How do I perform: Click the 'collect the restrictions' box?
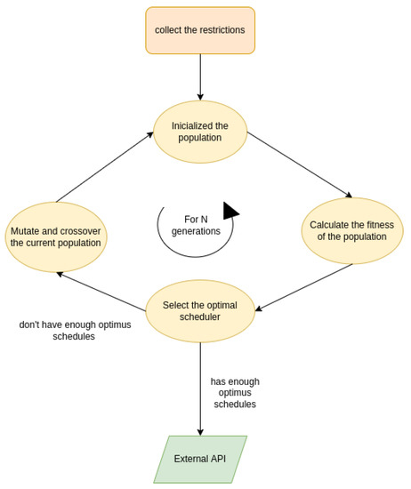point(200,30)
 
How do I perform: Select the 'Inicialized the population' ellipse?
point(200,132)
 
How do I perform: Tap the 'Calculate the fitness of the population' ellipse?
point(352,230)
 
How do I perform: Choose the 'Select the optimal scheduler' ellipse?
point(200,311)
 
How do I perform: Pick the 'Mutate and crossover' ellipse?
point(56,236)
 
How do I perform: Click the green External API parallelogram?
point(200,459)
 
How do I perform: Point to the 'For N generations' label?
point(196,225)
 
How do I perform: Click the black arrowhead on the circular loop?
point(230,211)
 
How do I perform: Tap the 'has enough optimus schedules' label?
point(235,393)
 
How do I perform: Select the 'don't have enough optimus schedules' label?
point(75,331)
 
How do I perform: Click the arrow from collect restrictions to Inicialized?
point(200,77)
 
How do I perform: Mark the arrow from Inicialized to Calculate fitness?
point(300,164)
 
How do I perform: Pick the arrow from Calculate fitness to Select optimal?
point(304,287)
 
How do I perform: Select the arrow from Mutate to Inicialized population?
point(105,167)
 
